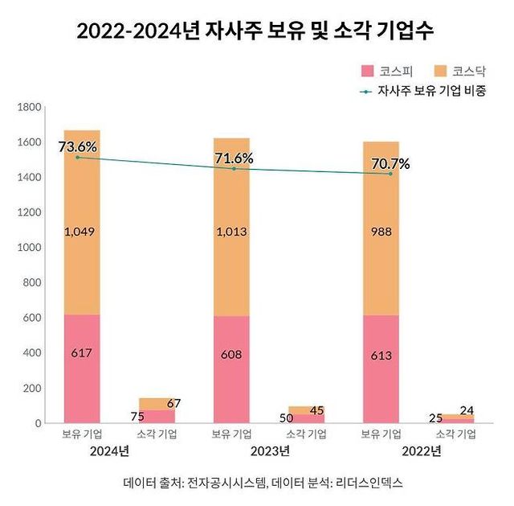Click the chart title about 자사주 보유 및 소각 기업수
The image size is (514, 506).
coord(257,31)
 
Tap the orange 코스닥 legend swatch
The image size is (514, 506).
coord(441,71)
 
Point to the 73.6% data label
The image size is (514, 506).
coord(78,146)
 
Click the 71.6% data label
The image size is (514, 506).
coord(234,158)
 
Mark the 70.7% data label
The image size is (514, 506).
coord(390,164)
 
